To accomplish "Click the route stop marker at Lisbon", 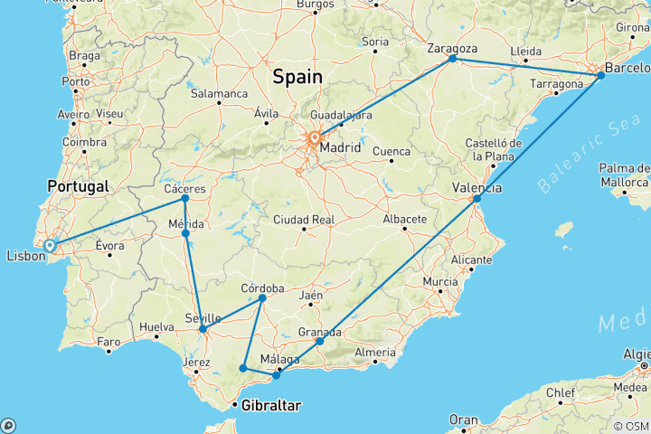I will click(50, 245).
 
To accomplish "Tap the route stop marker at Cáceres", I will click(184, 198).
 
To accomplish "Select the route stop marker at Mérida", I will click(185, 233).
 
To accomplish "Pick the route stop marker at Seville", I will click(203, 329).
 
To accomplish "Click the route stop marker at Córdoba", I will click(262, 298).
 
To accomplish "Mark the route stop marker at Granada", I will click(319, 342).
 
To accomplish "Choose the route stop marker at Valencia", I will click(477, 198).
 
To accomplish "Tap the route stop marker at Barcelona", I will click(600, 76).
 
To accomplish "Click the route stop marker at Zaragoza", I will click(452, 59).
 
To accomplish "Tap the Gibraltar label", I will click(269, 406).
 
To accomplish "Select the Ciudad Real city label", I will click(304, 219).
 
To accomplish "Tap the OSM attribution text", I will click(632, 426).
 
